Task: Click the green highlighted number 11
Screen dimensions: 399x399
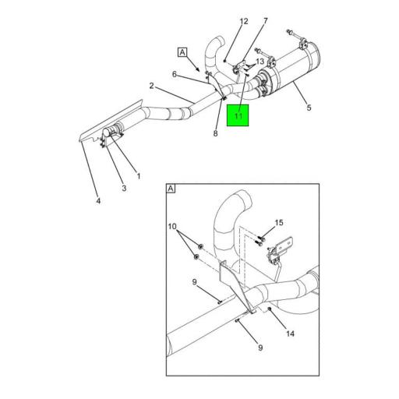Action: pyautogui.click(x=238, y=116)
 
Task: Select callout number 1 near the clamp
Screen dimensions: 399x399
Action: pyautogui.click(x=139, y=176)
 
